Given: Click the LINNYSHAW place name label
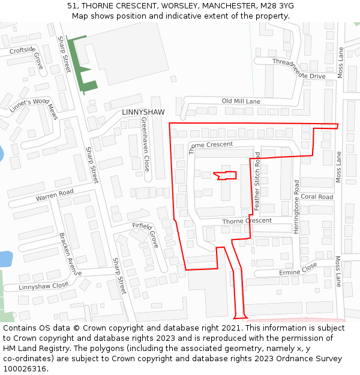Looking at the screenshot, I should click(x=143, y=112).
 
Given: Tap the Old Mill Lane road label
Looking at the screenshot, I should click(x=241, y=101).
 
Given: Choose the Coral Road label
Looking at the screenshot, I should click(x=317, y=197).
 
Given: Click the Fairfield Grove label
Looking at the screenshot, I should click(x=146, y=232).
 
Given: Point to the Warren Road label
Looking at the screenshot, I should click(x=54, y=196).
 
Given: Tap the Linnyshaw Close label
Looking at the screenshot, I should click(x=43, y=286).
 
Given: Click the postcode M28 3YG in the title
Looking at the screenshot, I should click(x=277, y=5).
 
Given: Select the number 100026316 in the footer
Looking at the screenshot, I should click(x=25, y=369).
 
